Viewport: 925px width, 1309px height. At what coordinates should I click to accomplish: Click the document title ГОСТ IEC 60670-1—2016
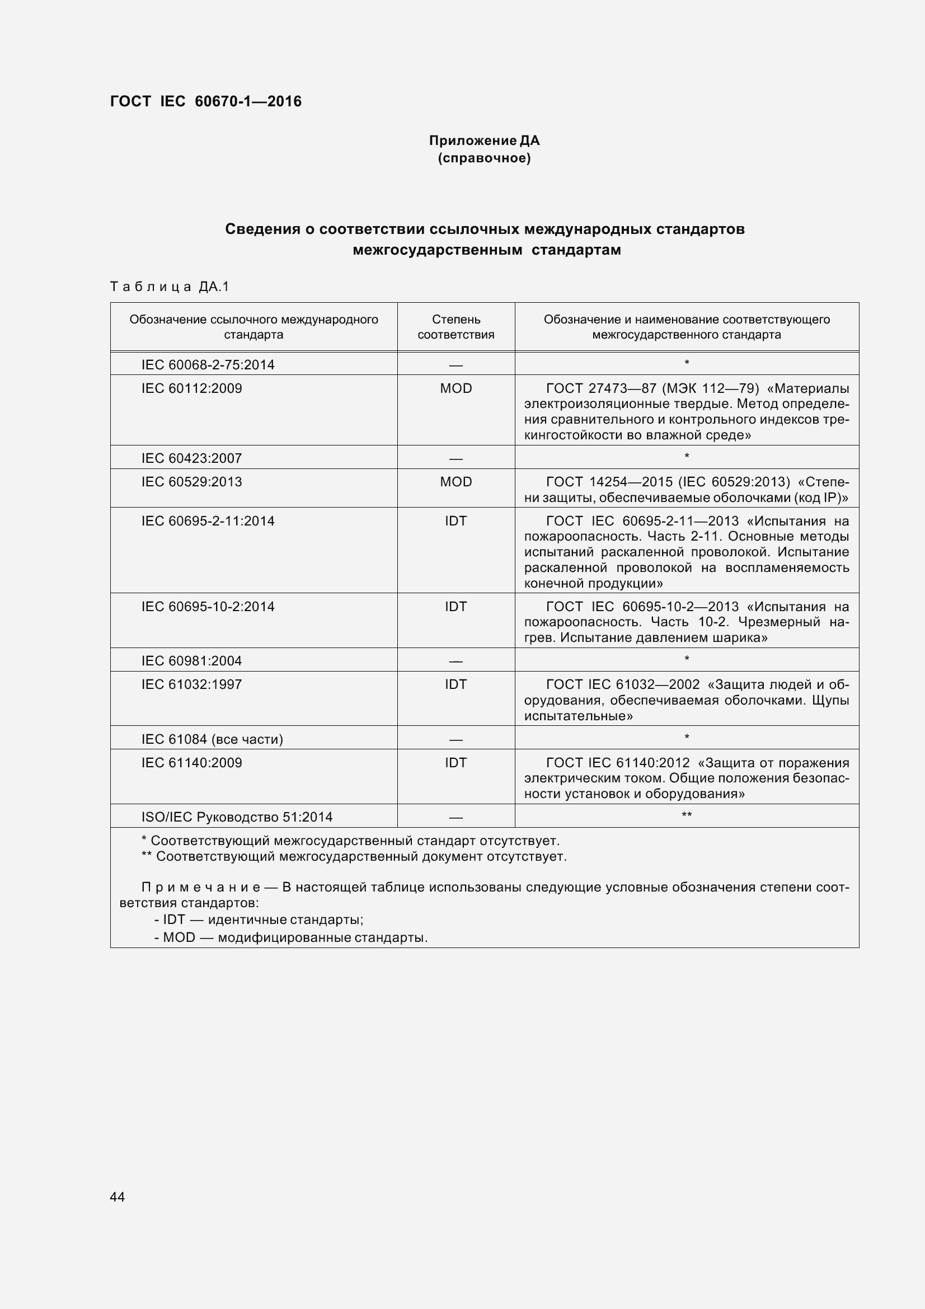tap(206, 101)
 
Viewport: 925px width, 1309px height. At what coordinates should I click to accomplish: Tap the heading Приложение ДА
tap(484, 140)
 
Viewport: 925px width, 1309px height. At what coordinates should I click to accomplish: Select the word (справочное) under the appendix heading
tap(484, 158)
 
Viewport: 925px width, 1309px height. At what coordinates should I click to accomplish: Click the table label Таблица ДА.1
tap(169, 286)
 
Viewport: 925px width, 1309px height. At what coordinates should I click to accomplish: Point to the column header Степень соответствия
tap(456, 327)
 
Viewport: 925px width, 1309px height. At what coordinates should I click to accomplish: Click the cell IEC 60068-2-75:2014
tap(208, 364)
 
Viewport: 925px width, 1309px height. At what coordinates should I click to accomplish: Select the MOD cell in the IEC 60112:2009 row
tap(456, 388)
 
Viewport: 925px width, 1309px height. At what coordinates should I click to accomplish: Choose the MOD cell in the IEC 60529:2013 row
tap(456, 482)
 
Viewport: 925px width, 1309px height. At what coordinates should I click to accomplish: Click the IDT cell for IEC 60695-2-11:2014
tap(456, 520)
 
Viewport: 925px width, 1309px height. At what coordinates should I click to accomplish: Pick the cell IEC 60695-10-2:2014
tap(208, 606)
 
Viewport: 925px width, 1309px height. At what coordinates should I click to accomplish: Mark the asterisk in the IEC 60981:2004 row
tap(687, 660)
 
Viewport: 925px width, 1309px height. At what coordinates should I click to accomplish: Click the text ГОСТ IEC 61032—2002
tap(622, 684)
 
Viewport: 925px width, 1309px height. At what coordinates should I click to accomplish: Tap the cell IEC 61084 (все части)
tap(212, 739)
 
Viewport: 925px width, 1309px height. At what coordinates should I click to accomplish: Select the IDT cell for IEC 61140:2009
tap(456, 762)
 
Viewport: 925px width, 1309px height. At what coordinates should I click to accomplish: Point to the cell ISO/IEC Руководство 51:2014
tap(237, 817)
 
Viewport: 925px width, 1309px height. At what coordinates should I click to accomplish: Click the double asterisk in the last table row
tap(687, 816)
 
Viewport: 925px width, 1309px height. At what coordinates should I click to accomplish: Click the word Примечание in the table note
tap(201, 887)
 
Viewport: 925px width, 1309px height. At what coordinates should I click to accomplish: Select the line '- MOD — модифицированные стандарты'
tap(290, 937)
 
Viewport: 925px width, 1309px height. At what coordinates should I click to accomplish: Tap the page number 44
tap(117, 1197)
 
